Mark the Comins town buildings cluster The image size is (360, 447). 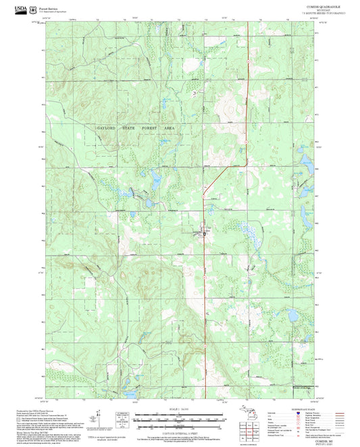[205, 233]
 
